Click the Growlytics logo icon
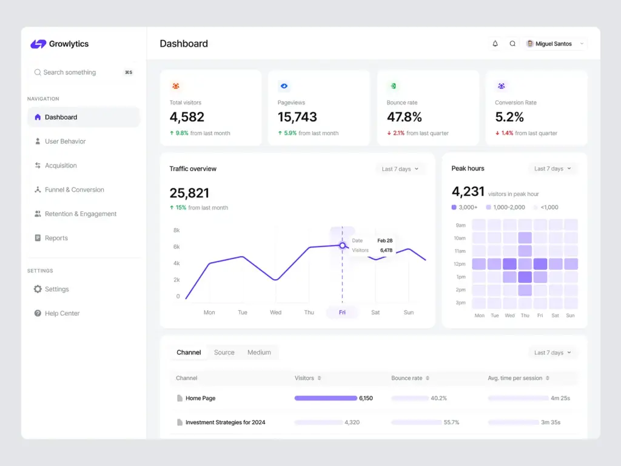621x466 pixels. [38, 44]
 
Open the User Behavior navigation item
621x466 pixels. [65, 141]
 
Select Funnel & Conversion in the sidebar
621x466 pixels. [74, 190]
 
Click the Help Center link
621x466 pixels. [62, 314]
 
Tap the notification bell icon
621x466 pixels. [495, 44]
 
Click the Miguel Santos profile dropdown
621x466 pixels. [556, 44]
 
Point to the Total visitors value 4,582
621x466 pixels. [187, 117]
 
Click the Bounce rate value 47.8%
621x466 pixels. [404, 117]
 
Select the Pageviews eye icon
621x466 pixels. [284, 86]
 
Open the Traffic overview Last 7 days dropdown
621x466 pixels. [400, 169]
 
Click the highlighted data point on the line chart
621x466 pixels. [342, 245]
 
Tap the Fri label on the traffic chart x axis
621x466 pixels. [342, 312]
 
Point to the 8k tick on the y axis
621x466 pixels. [176, 231]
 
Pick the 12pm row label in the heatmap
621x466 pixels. [460, 264]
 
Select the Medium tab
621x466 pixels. [259, 353]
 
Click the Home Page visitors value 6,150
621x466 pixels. [366, 399]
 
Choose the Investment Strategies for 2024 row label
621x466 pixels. [225, 422]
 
